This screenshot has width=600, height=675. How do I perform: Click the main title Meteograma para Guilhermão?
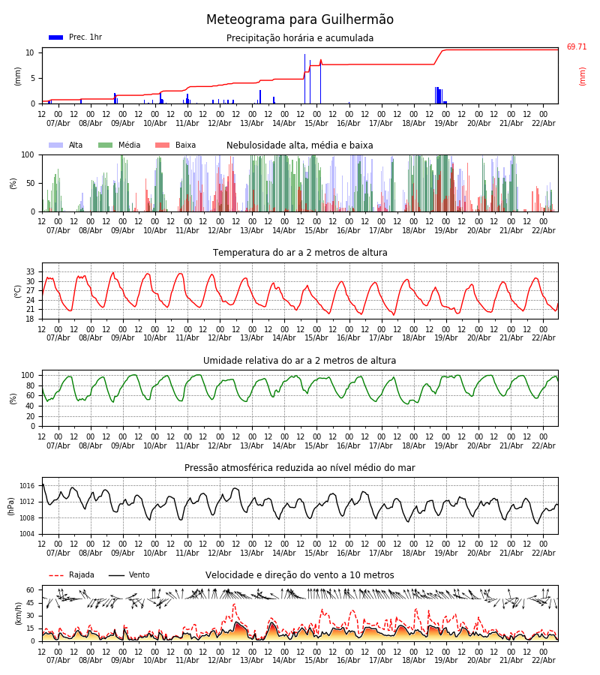[x=300, y=20]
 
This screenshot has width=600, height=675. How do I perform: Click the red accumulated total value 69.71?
[x=576, y=47]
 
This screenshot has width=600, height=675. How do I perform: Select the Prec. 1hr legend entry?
[x=75, y=37]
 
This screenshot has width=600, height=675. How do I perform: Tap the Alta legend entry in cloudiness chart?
[x=67, y=145]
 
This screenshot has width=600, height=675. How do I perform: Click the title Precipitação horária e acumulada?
[x=300, y=38]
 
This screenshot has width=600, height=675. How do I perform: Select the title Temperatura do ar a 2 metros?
[x=300, y=253]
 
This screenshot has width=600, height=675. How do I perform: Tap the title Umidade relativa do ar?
[x=300, y=361]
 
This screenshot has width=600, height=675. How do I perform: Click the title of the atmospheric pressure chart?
[x=300, y=468]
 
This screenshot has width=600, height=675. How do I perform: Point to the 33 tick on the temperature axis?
[x=30, y=271]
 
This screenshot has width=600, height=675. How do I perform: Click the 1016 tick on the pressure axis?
[x=27, y=486]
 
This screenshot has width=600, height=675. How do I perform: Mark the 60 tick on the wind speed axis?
[x=30, y=589]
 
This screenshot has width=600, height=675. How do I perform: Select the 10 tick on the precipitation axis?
[x=30, y=52]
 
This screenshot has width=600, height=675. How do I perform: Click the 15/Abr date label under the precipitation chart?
[x=316, y=124]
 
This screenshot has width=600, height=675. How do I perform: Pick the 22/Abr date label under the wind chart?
[x=543, y=661]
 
